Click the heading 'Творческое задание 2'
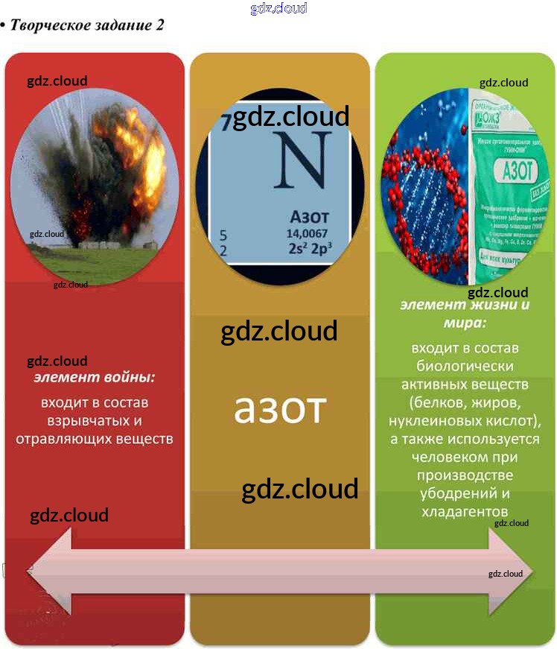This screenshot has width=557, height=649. (x=85, y=25)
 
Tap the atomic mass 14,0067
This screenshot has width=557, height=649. (x=307, y=234)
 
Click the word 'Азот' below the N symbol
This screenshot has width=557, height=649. (x=308, y=219)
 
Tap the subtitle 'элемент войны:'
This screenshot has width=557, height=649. (x=95, y=378)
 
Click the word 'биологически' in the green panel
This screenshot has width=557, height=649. (x=465, y=367)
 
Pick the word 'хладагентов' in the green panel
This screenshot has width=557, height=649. (x=465, y=511)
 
